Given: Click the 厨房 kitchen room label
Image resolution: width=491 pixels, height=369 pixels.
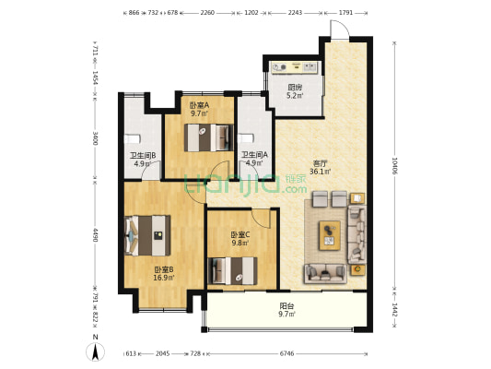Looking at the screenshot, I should tap(294, 88).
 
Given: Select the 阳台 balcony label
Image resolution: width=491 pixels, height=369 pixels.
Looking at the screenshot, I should tap(286, 310).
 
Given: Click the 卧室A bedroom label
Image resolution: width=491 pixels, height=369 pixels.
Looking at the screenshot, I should tap(200, 108).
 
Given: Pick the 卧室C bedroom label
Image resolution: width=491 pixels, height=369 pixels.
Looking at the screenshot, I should tap(240, 239).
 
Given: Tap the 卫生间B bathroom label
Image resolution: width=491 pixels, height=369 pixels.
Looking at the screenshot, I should tap(142, 159).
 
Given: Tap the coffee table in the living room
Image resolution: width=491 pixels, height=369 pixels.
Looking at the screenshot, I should tap(329, 234).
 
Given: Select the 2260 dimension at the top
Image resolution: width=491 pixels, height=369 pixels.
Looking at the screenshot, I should tap(207, 14).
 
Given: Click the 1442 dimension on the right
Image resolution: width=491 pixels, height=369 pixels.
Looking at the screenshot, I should tap(394, 311).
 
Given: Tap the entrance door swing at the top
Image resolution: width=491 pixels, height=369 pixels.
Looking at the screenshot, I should tap(339, 30).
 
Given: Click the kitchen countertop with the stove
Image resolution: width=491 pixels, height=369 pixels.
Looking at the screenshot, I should tap(293, 68).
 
